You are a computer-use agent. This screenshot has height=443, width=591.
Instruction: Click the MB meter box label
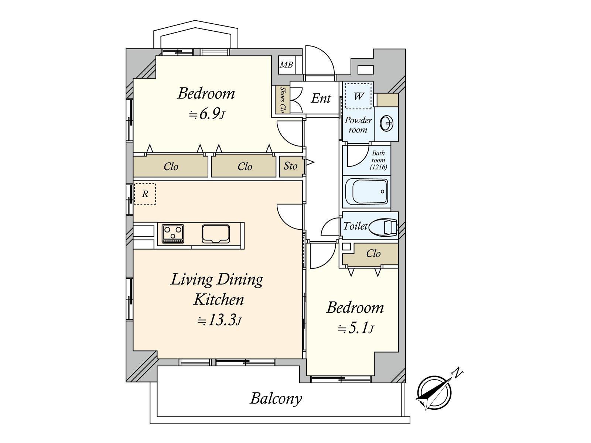click(x=286, y=65)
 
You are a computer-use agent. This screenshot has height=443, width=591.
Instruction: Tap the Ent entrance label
click(x=321, y=98)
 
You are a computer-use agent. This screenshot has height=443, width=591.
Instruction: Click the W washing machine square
click(x=358, y=96)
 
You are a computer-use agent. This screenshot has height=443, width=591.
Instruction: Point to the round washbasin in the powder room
click(x=387, y=123)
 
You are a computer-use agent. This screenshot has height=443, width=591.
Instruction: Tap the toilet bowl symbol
click(x=383, y=226)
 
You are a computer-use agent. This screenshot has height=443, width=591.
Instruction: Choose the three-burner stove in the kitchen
click(x=173, y=234)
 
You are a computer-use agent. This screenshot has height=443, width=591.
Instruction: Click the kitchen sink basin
click(x=216, y=234)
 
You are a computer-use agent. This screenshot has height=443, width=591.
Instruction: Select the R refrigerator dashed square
click(x=145, y=194)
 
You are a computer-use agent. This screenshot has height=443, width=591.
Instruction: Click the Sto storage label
click(x=290, y=166)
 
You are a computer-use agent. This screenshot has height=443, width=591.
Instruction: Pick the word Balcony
click(x=276, y=399)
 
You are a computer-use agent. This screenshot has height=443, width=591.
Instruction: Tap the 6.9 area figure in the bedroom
click(x=209, y=114)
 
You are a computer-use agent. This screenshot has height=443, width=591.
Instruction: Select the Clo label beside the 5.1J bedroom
click(x=373, y=253)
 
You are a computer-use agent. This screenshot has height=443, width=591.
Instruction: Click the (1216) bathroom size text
click(x=378, y=167)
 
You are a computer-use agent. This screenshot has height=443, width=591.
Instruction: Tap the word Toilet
click(x=355, y=226)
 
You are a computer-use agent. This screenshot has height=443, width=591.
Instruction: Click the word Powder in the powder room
click(x=358, y=120)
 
